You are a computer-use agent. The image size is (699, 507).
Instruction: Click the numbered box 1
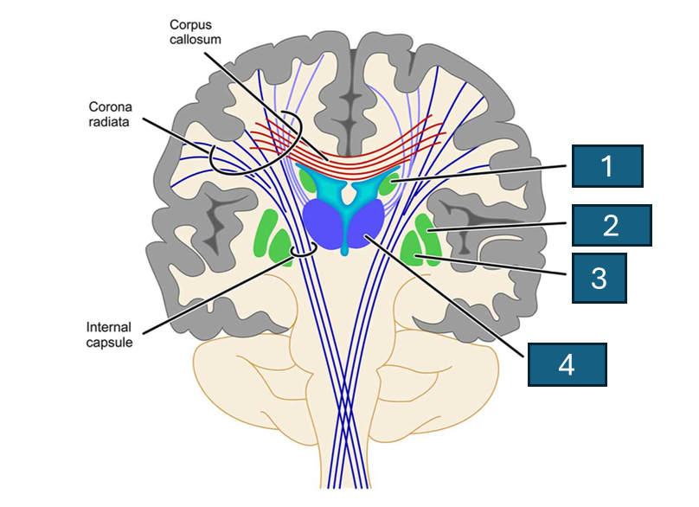(606, 166)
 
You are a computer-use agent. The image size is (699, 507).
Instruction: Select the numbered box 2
(611, 226)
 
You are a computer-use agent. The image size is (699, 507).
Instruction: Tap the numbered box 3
(599, 278)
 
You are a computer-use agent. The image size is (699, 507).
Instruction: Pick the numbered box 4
(567, 364)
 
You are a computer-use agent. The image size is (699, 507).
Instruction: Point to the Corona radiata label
(111, 114)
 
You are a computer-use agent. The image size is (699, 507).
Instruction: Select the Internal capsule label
(109, 336)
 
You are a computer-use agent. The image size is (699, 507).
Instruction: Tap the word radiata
(111, 122)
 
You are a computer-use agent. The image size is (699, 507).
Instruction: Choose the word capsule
(109, 343)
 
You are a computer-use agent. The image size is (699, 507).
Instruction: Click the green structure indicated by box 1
(389, 183)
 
